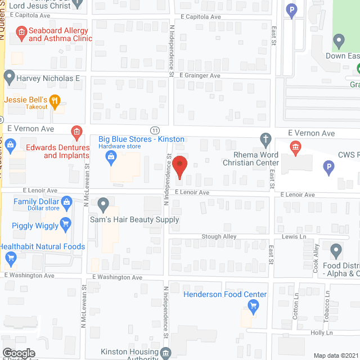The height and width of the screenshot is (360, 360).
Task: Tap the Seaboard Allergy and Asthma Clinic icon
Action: [x=21, y=33]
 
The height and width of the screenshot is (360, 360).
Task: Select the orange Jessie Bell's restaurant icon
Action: [x=55, y=102]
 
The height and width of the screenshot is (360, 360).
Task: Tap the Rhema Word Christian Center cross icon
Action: [x=266, y=138]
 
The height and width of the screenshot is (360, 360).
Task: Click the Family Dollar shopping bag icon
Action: [x=67, y=201]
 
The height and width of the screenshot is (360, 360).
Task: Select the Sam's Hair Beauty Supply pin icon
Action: [x=102, y=204]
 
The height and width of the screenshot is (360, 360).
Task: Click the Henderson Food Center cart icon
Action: [x=253, y=306]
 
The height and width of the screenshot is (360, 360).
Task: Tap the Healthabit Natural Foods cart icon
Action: [x=10, y=258]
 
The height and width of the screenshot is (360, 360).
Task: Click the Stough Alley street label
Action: [x=219, y=237]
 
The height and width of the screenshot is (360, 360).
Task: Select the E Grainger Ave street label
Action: [x=200, y=75]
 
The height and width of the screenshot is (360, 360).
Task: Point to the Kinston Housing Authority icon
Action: [x=166, y=353]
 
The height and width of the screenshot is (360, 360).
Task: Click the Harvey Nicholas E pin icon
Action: [x=9, y=78]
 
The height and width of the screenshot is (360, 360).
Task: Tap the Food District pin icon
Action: [x=336, y=250]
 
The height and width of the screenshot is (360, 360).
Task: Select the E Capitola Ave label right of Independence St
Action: [x=200, y=17]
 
